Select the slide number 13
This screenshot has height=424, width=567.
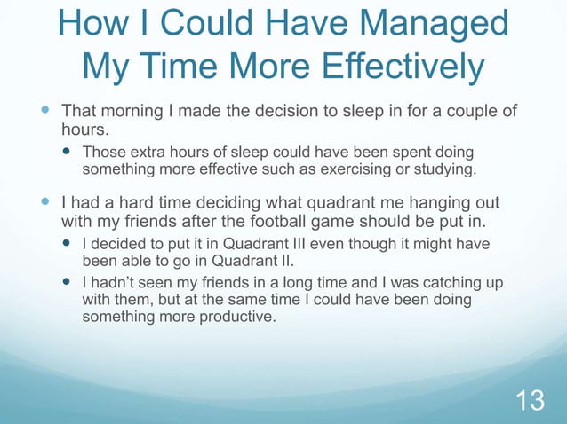(x=531, y=400)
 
